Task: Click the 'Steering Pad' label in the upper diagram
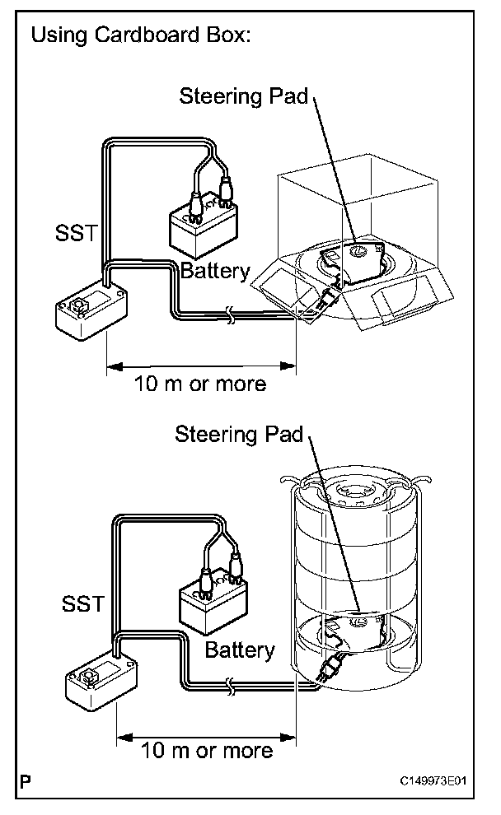pos(243,96)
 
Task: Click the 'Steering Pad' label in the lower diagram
pos(239,434)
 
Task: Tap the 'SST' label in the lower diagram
pos(83,603)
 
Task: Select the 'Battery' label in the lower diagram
pos(239,650)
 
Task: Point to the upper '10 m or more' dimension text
pos(200,384)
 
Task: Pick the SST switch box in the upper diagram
pos(91,310)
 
